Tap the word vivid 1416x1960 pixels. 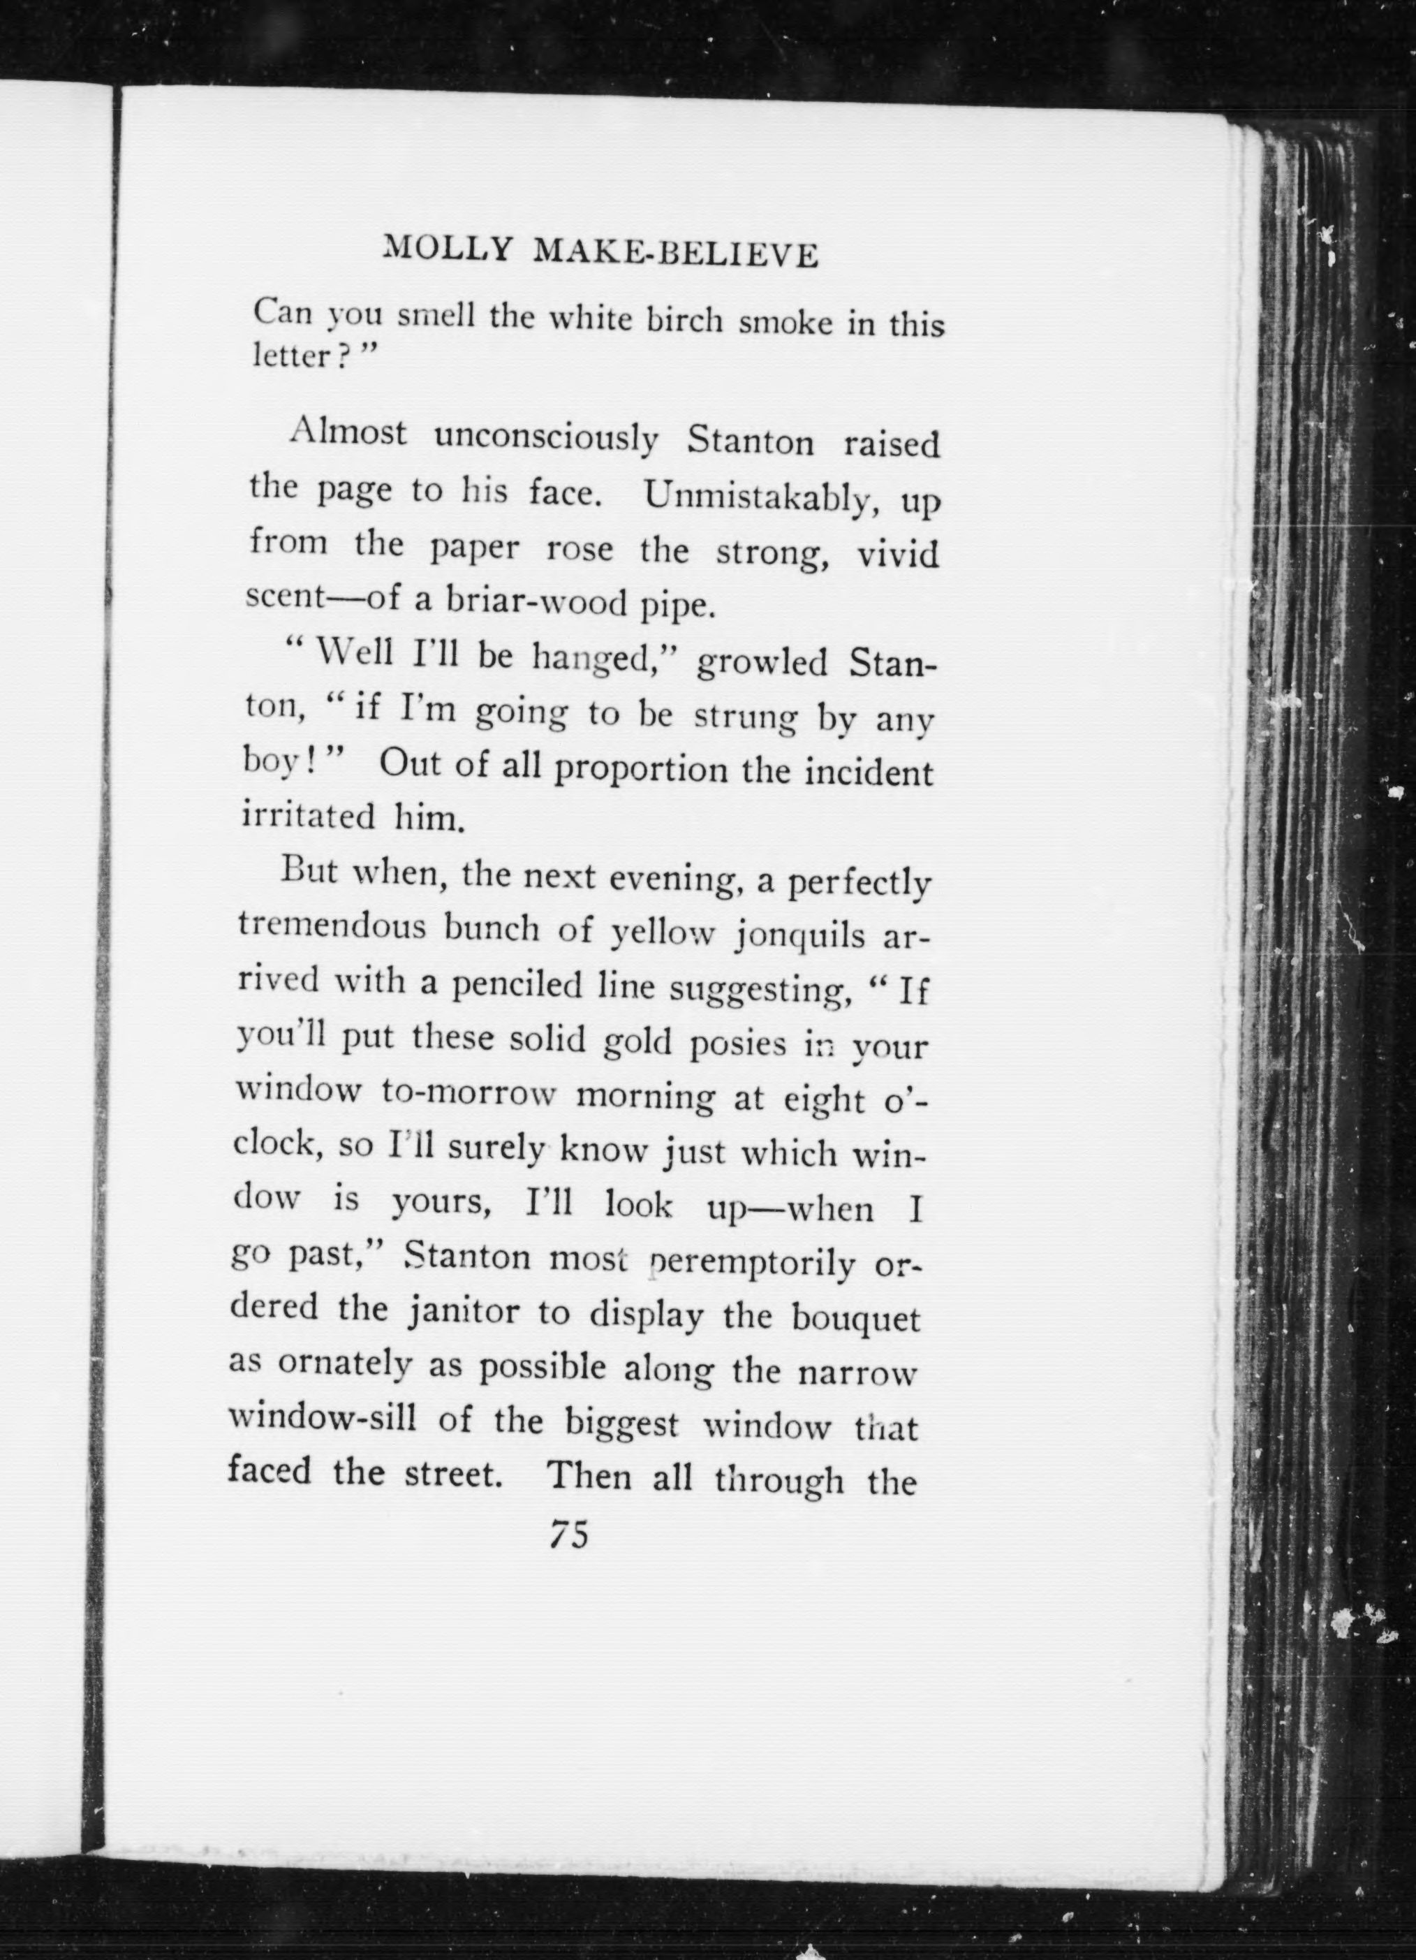click(x=898, y=554)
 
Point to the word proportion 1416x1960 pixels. click(x=641, y=768)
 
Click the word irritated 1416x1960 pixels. click(x=309, y=817)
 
